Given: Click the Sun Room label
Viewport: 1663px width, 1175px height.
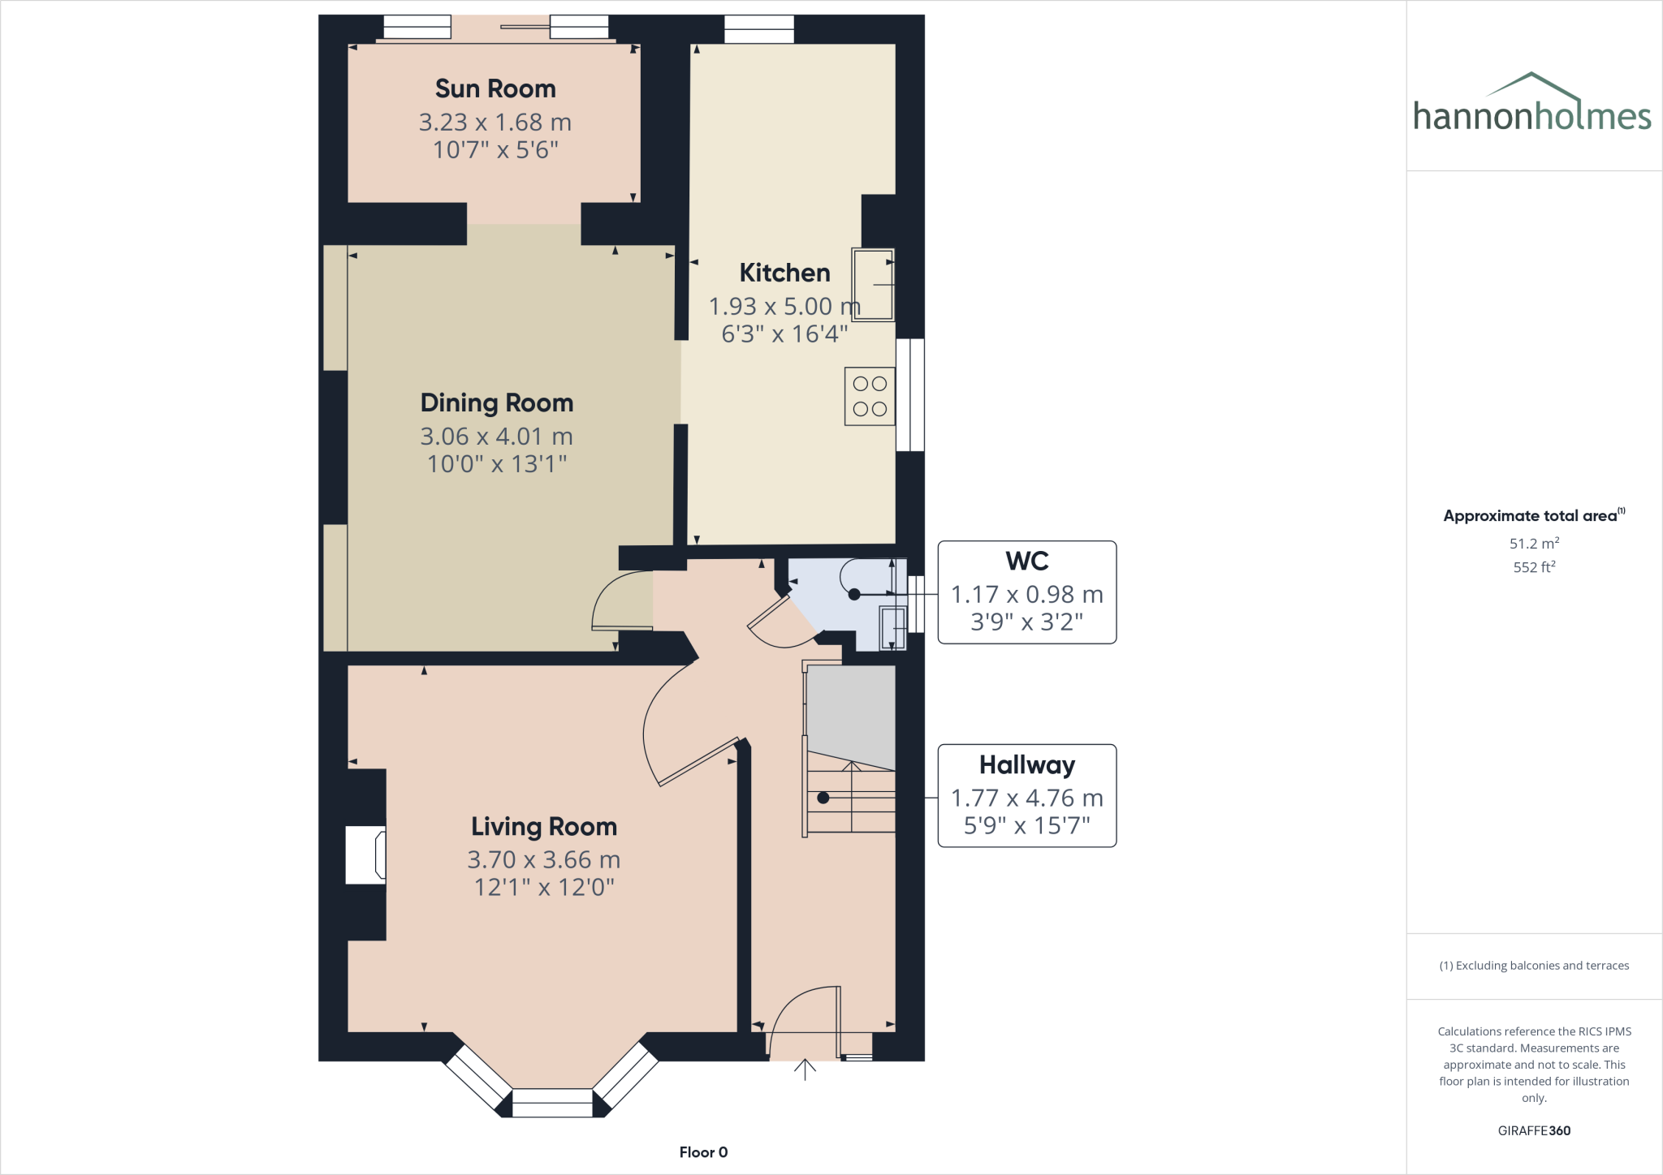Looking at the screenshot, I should pos(495,88).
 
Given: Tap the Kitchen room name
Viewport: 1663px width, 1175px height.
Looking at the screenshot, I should pos(784,273).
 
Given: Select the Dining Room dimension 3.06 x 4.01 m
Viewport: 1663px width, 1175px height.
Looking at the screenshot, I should pos(496,437).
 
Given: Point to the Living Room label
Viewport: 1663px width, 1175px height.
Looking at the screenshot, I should pos(544,827).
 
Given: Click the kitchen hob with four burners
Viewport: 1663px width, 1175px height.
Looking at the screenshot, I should pos(870,397).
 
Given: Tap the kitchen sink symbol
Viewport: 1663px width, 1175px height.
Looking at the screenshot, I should pos(873,284).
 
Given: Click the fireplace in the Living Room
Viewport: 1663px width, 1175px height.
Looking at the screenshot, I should pos(366,854).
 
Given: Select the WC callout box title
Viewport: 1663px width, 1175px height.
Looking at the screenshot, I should pos(1026,562).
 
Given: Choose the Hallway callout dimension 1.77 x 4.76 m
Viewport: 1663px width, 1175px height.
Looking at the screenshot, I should pos(1026,798).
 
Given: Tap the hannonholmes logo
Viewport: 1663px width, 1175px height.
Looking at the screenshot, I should pos(1532,105).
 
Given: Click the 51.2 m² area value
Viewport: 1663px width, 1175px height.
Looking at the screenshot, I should pos(1533,544).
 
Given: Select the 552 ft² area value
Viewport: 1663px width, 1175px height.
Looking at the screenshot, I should pos(1533,567).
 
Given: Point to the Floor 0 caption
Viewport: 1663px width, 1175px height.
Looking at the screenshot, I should pos(703,1152).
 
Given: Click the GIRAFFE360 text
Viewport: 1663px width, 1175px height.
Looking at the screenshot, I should pos(1533,1130).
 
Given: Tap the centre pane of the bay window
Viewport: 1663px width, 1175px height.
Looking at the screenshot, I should pos(553,1103).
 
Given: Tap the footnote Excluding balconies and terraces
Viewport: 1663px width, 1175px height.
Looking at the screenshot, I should pos(1533,966).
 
